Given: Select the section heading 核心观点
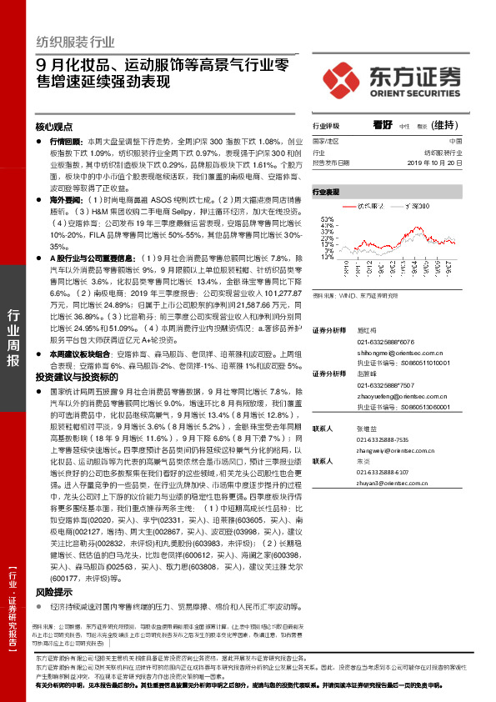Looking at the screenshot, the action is [54, 128].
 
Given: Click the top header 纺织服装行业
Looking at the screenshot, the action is [75, 42].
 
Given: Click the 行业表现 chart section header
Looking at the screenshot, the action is [327, 192].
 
